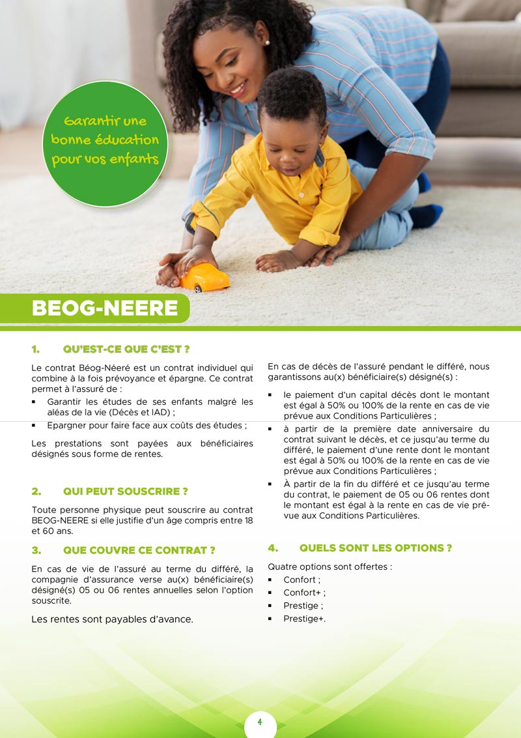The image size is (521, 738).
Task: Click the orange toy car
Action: [205, 278]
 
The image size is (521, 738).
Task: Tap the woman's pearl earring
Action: [267, 43]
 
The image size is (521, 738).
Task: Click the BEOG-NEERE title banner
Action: [105, 308]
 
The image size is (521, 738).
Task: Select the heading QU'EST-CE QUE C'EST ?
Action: [126, 349]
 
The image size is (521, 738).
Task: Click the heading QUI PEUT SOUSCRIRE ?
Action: [125, 491]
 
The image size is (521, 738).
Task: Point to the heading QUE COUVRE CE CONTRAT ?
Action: [139, 550]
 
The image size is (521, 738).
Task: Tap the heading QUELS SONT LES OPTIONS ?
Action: [375, 548]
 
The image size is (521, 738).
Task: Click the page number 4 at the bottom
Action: [260, 722]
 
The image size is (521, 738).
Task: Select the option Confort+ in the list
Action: [304, 593]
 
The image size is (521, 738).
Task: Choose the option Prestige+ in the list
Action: [304, 619]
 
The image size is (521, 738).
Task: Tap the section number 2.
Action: [36, 491]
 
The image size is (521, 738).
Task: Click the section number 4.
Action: [273, 548]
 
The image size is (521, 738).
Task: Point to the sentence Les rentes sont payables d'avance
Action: [112, 619]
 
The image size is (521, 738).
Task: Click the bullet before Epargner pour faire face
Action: [34, 426]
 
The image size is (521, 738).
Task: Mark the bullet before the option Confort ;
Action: [270, 580]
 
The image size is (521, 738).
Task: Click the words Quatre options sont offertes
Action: [330, 567]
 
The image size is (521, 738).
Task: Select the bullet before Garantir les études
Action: [34, 402]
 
